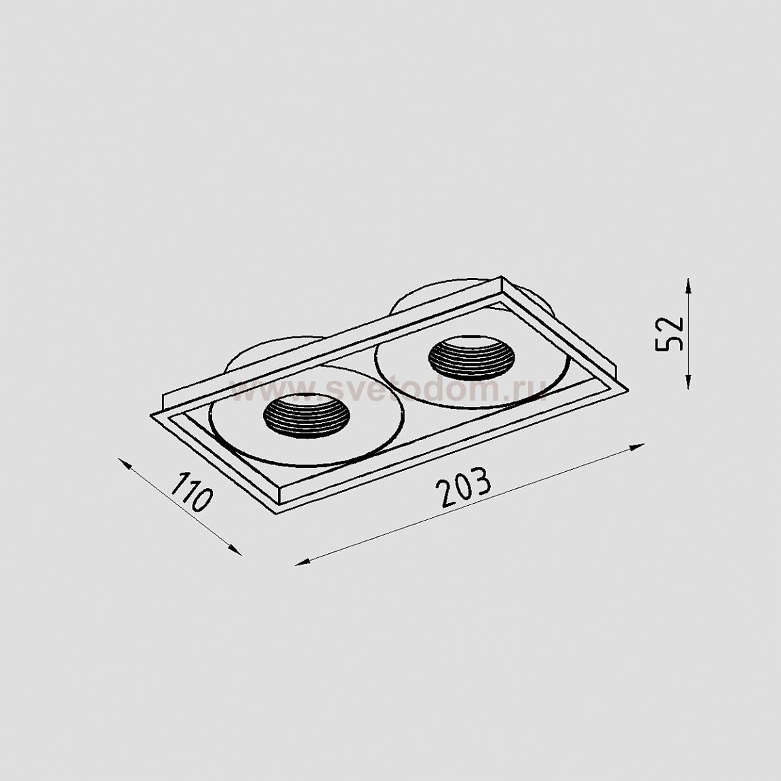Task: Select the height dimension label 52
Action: (669, 334)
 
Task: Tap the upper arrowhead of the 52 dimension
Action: (688, 287)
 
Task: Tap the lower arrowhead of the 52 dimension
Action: (688, 380)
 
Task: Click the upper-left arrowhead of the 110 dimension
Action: (125, 464)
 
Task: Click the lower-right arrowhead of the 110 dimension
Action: (235, 549)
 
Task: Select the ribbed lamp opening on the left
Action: (306, 415)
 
